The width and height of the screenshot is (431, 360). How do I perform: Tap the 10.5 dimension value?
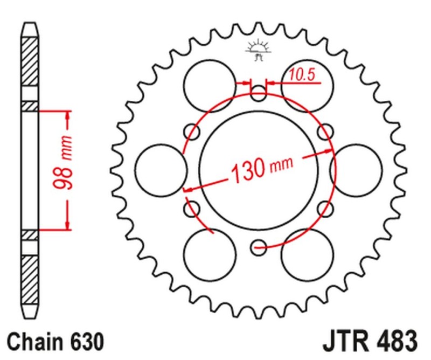click(x=301, y=75)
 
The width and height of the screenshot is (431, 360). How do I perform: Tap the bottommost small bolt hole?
click(x=259, y=248)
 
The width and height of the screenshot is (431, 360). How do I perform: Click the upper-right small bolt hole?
click(x=325, y=131)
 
